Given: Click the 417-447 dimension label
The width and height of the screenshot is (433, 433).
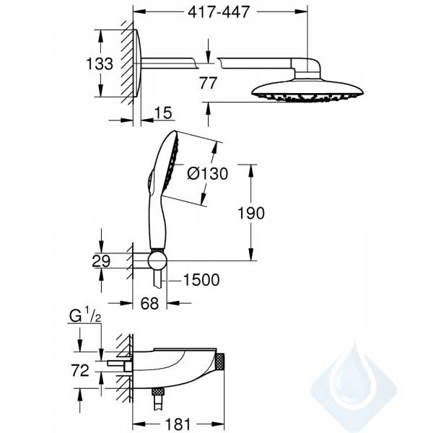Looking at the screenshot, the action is [219, 12].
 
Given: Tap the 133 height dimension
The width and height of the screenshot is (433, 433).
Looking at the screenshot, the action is [100, 64].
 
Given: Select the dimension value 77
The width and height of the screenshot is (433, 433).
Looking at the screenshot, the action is [208, 83].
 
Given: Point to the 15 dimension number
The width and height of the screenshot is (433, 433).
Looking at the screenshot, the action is [163, 113].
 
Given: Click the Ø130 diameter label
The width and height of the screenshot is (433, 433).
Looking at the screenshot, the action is [208, 174].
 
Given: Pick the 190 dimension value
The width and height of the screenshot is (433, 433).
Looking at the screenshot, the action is [251, 213].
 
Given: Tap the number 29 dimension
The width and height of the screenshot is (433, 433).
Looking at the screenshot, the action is [101, 261].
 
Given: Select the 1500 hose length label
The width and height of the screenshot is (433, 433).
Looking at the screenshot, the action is [201, 280].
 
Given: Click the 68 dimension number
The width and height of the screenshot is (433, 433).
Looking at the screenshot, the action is [149, 303].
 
